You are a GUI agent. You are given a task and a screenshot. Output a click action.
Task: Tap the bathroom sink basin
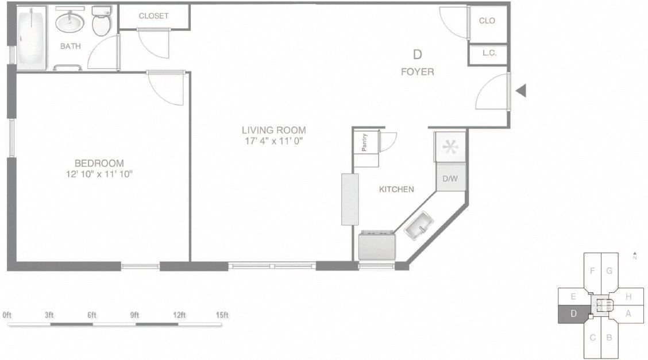(70, 24)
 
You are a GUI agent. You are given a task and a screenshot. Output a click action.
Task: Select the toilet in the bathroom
(101, 22)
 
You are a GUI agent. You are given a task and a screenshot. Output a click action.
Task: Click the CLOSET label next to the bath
(154, 16)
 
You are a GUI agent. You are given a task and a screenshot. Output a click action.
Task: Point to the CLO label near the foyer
(487, 21)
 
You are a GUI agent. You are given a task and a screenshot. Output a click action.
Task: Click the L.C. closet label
(489, 53)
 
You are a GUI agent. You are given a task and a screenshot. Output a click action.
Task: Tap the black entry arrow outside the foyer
(520, 91)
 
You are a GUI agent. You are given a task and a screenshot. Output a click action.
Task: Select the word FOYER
(417, 72)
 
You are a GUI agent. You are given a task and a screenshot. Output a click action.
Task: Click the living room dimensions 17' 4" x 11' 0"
(273, 141)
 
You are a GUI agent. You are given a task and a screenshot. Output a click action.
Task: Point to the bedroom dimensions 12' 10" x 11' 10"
(99, 173)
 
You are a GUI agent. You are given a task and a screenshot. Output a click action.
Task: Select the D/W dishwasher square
(450, 179)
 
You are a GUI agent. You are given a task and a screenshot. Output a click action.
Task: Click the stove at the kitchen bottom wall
(376, 245)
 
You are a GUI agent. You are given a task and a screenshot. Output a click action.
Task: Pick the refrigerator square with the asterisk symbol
(450, 146)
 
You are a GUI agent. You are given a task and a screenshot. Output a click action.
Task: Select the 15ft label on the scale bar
(222, 315)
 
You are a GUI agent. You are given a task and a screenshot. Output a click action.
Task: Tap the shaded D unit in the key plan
(573, 313)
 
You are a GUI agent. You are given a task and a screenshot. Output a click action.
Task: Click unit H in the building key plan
(628, 297)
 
